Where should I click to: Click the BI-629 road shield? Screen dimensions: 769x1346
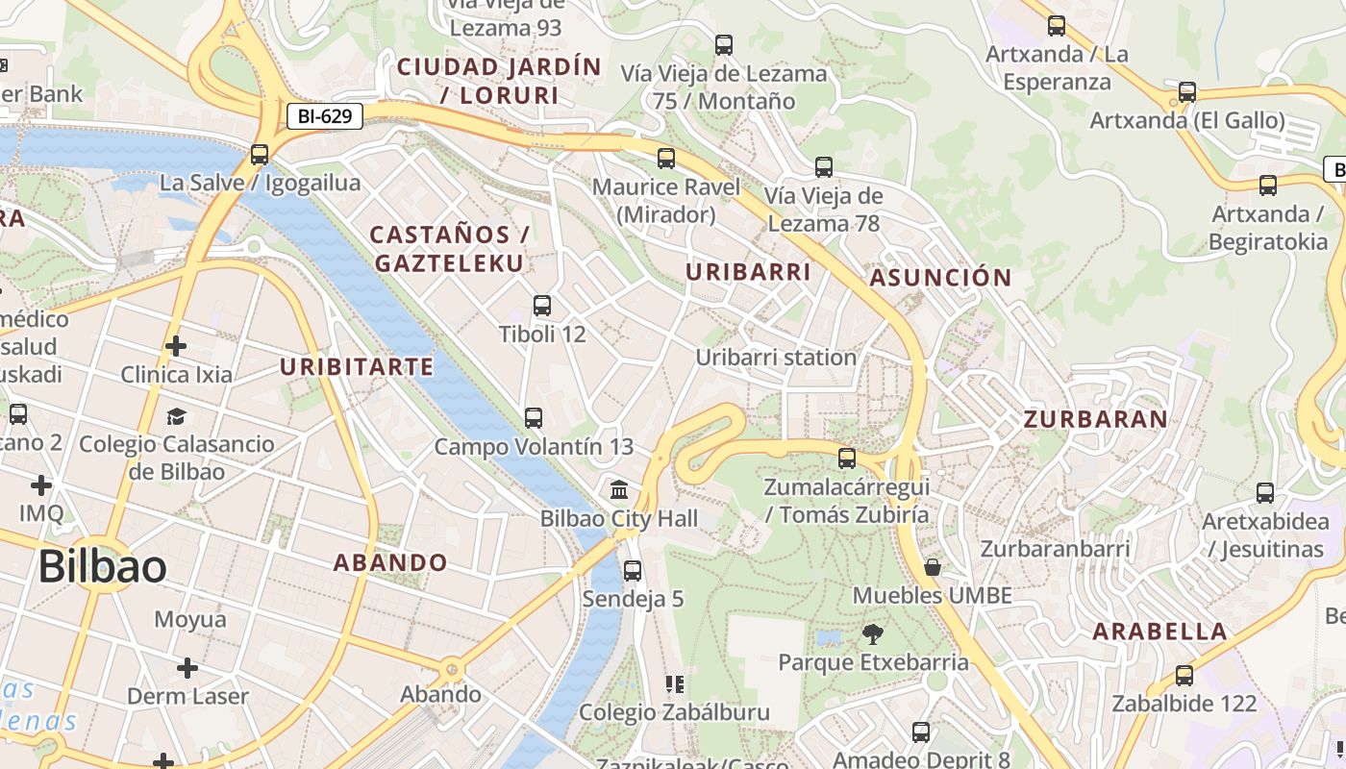[x=325, y=117]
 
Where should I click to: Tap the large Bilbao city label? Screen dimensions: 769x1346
[x=102, y=568]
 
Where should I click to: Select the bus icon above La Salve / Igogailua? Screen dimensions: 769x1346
[x=259, y=154]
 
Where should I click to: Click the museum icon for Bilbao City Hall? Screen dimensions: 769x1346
[x=620, y=489]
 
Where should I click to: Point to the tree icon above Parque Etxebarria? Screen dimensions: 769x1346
[x=873, y=633]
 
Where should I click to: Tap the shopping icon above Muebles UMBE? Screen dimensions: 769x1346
[x=932, y=567]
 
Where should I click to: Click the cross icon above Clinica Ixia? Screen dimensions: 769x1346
[x=176, y=345]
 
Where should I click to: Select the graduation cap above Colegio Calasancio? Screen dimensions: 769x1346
[x=176, y=415]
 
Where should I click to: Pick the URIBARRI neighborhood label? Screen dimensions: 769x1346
[x=748, y=272]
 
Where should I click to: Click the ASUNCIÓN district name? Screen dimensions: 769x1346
[x=940, y=278]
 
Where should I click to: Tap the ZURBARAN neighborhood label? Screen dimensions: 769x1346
[x=1095, y=419]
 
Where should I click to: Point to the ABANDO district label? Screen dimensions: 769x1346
[x=390, y=562]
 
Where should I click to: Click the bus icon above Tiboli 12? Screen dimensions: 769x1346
[x=542, y=306]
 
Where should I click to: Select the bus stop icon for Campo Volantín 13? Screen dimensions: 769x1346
[x=534, y=418]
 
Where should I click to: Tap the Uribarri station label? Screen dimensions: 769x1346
[x=775, y=358]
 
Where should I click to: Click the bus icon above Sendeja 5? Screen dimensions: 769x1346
[x=633, y=570]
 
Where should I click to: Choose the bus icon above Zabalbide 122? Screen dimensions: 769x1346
[x=1184, y=675]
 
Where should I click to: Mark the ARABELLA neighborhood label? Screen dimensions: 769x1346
[x=1159, y=632]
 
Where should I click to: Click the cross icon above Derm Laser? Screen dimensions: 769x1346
[x=187, y=667]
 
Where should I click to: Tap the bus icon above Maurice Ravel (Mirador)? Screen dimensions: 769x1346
[x=666, y=159]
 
